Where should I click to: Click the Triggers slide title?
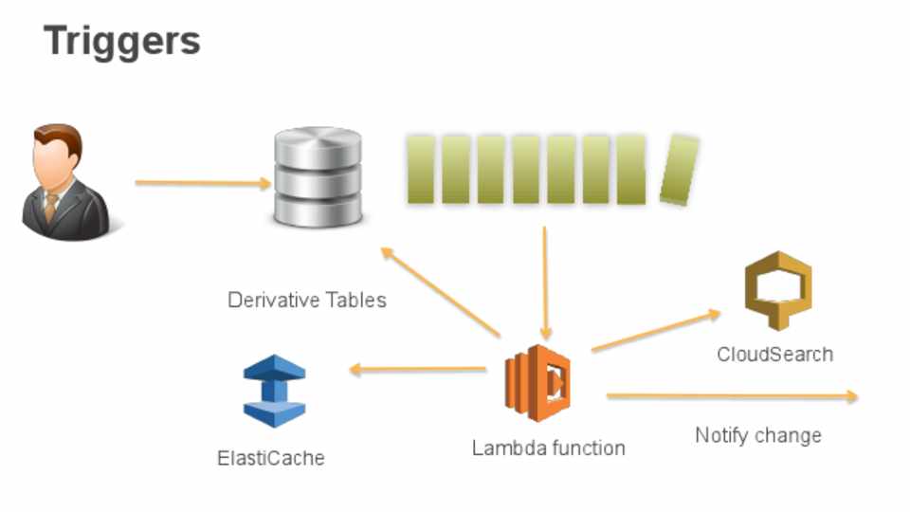(x=122, y=42)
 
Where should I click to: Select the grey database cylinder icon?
(x=318, y=177)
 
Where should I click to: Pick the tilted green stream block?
(x=679, y=170)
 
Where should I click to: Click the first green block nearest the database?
(x=421, y=169)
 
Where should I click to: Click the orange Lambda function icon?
(x=537, y=383)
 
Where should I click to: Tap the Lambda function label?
(x=549, y=448)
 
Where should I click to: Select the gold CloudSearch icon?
(x=777, y=290)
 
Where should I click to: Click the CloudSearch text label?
(x=775, y=355)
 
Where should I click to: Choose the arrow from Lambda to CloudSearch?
(x=655, y=331)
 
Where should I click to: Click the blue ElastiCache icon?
(x=274, y=391)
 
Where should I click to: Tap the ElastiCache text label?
(x=271, y=459)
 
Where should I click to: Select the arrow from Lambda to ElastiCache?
(x=417, y=369)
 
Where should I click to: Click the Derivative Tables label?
(x=307, y=301)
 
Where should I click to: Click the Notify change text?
(x=758, y=436)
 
